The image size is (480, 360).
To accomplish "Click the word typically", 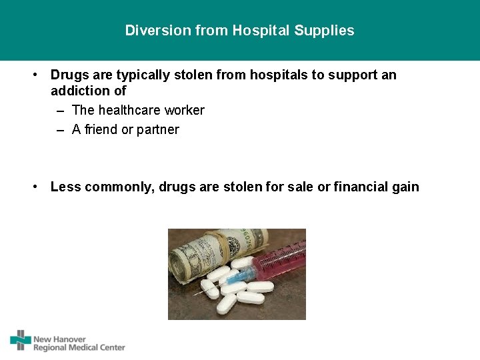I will point(140,75).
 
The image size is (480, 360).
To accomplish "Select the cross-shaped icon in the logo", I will point(21,340).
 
